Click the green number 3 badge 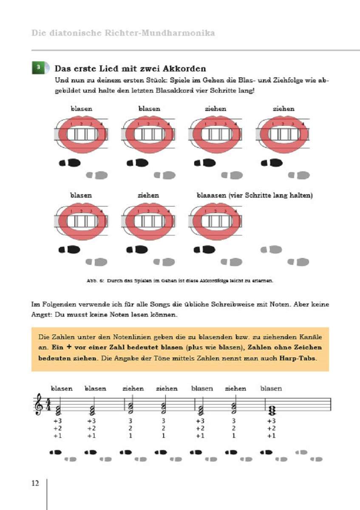(38, 68)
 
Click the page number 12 (35, 483)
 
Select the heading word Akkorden (186, 68)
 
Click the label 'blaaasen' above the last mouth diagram (211, 195)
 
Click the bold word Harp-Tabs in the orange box (297, 358)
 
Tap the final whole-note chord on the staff (272, 409)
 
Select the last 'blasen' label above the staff (271, 388)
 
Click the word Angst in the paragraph (41, 315)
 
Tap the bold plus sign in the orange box (69, 347)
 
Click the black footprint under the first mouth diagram (70, 163)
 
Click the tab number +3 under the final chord (272, 421)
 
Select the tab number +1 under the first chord (58, 436)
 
